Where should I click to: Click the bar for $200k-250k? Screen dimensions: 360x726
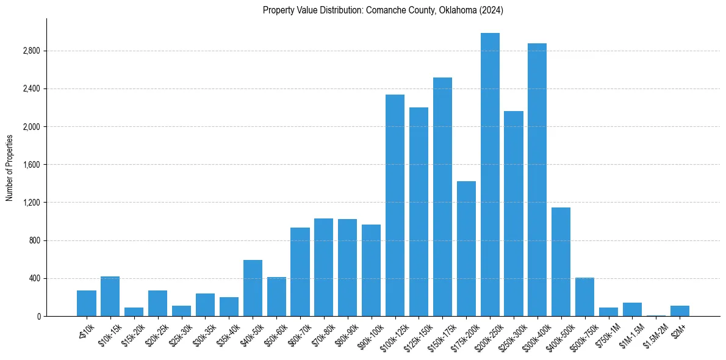(x=490, y=175)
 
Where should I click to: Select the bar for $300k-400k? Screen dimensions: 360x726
(x=537, y=180)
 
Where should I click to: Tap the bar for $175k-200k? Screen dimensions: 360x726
(x=466, y=249)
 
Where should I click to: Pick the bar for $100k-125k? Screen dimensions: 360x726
(x=395, y=206)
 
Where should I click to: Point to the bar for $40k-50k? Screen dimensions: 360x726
(x=253, y=288)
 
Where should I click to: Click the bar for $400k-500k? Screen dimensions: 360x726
(x=561, y=262)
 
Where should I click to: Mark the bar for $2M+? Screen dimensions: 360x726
(x=680, y=311)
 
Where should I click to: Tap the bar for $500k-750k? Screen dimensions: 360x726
(x=584, y=297)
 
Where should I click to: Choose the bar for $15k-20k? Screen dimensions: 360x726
(x=134, y=312)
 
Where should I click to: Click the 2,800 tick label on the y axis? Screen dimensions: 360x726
(x=31, y=51)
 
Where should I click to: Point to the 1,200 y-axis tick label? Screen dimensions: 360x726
(x=31, y=203)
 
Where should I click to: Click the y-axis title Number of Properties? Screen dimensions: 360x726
(x=10, y=167)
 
